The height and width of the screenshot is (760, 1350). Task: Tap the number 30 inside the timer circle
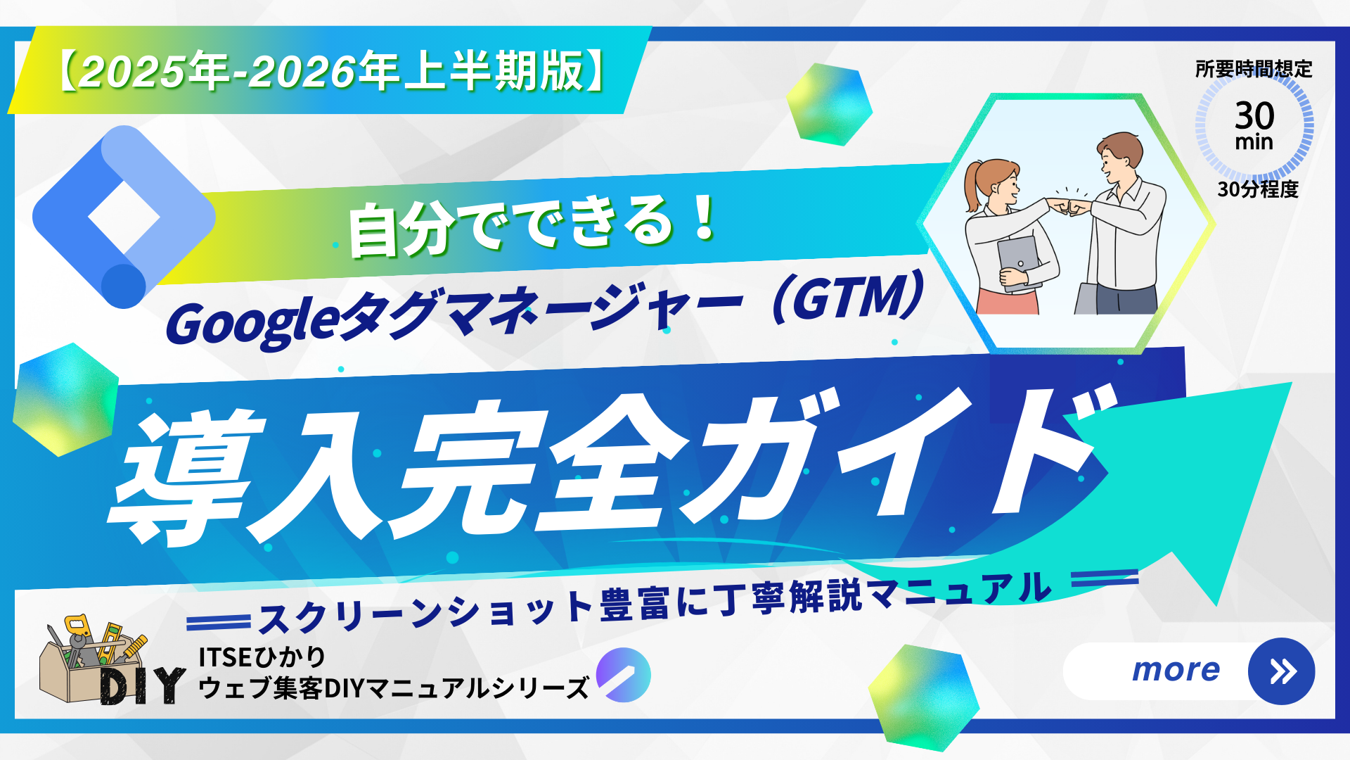(x=1254, y=115)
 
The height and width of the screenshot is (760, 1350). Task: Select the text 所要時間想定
(x=1254, y=69)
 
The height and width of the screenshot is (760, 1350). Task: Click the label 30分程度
(x=1258, y=189)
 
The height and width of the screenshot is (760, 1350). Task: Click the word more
(x=1176, y=670)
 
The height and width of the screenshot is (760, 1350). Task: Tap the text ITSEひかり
(x=262, y=657)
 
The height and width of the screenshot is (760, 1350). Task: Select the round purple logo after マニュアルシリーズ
(x=623, y=675)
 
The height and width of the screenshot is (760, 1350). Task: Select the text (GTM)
(x=847, y=299)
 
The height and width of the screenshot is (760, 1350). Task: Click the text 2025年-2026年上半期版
(x=330, y=71)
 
